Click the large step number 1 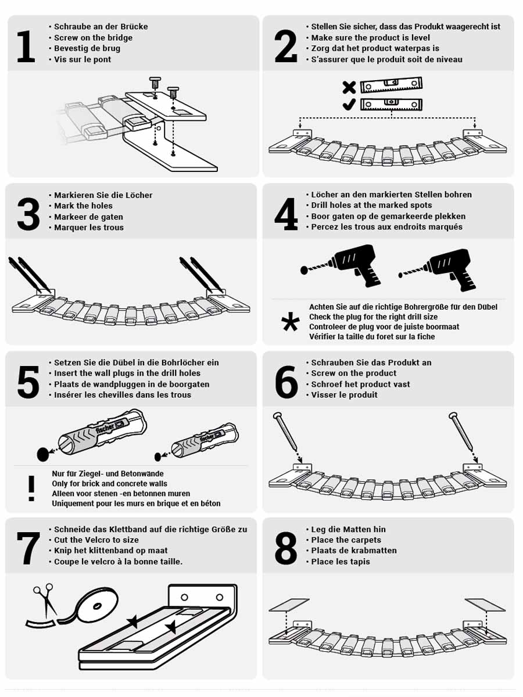[26, 46]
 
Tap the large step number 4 [286, 214]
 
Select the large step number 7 [28, 548]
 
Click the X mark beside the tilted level [349, 87]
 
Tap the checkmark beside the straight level [349, 105]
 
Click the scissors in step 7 [45, 599]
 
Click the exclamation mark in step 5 [31, 488]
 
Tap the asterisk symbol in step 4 [290, 321]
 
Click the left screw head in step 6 [277, 415]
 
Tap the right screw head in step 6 [453, 415]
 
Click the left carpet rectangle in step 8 [289, 605]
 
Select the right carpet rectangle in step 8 [485, 605]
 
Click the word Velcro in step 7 [90, 540]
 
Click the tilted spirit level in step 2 [391, 85]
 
